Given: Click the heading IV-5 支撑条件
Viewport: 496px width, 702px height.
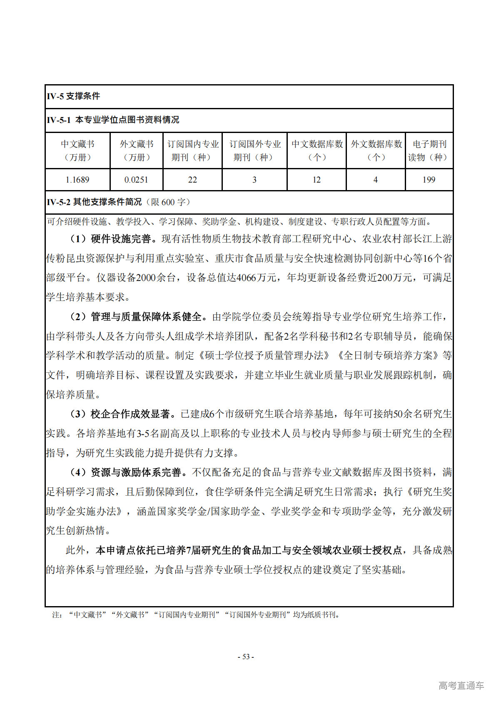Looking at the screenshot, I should click(x=73, y=96).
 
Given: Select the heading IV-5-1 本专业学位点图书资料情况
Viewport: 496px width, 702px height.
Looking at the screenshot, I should click(x=113, y=120).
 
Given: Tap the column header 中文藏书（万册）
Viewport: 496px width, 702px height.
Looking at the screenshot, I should click(x=77, y=150).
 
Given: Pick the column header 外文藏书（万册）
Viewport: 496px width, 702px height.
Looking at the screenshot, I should click(x=137, y=150).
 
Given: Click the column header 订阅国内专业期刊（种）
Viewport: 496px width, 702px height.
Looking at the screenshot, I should click(x=193, y=150).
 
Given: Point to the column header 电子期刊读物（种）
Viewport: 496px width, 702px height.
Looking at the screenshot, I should click(x=429, y=150).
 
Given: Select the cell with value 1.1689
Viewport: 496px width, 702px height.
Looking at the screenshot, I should click(x=77, y=180).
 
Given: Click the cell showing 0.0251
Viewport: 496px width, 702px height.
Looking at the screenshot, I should click(x=136, y=180).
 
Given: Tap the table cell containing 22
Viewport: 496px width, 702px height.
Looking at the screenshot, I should click(x=192, y=180).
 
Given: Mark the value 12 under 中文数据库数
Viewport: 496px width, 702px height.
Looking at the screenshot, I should click(x=317, y=180).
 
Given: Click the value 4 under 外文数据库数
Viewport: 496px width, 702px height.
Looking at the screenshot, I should click(x=375, y=180).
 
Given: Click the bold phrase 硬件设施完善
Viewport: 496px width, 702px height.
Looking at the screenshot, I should click(x=121, y=239).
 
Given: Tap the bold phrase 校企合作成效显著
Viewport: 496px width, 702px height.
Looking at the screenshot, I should click(x=131, y=414).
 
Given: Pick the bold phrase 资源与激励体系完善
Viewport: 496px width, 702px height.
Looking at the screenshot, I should click(x=136, y=472).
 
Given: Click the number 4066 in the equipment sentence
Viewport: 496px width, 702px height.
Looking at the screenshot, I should click(x=246, y=278).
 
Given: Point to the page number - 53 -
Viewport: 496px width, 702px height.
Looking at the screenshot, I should click(x=246, y=657).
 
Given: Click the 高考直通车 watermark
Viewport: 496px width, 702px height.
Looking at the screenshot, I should click(x=461, y=685).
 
